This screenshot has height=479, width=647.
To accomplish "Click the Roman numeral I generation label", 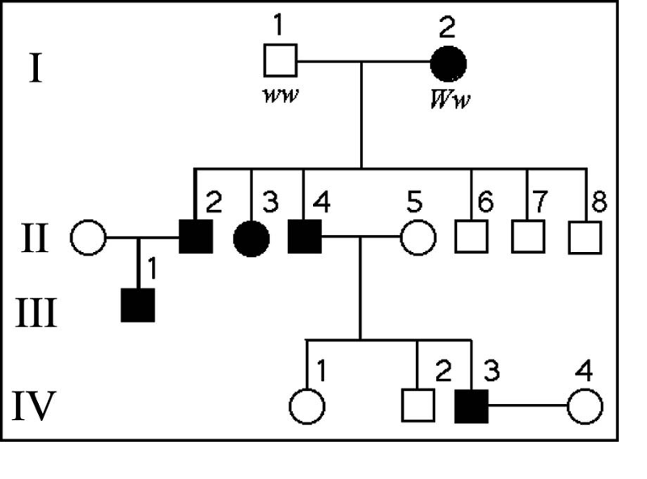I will coord(35,70).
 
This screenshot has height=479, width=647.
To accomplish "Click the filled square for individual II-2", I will coord(194,237).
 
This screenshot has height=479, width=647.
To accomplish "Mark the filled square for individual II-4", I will coord(304,237).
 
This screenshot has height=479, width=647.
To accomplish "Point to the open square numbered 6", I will coord(470,237).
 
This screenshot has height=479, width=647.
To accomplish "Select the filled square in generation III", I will coord(137,305).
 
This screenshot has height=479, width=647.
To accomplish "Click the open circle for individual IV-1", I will coord(307,406).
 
